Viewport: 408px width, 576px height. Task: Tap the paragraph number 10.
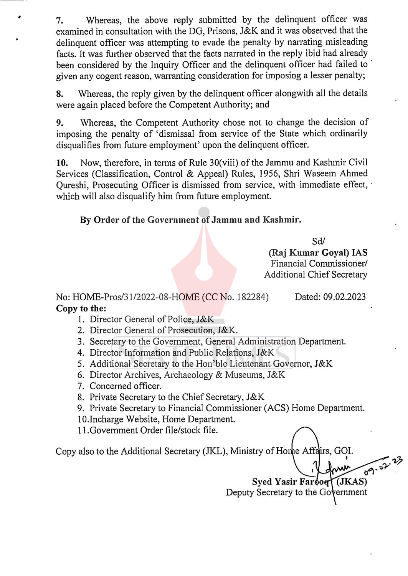pyautogui.click(x=62, y=163)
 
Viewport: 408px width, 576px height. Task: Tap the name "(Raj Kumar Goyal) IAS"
pyautogui.click(x=318, y=253)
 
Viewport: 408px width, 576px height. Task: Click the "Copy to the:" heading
pyautogui.click(x=81, y=308)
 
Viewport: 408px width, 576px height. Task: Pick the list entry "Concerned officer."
pyautogui.click(x=126, y=386)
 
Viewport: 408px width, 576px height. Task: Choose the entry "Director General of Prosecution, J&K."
pyautogui.click(x=164, y=330)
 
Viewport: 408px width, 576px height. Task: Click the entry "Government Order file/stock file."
pyautogui.click(x=154, y=430)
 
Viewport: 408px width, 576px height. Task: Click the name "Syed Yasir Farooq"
pyautogui.click(x=290, y=482)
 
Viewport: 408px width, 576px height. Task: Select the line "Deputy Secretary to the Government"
pyautogui.click(x=296, y=493)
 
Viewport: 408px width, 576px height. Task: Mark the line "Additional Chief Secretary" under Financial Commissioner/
pyautogui.click(x=315, y=275)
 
